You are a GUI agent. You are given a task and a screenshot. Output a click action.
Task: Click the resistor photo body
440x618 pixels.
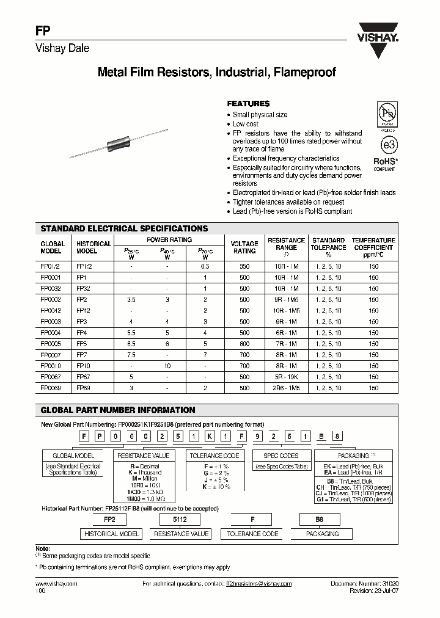tap(120, 145)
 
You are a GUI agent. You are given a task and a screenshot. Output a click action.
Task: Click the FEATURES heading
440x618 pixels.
tap(248, 104)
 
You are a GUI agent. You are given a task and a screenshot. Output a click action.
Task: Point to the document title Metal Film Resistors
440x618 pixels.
tap(217, 72)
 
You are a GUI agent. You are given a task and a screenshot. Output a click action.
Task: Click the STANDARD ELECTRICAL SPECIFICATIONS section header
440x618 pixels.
tap(124, 228)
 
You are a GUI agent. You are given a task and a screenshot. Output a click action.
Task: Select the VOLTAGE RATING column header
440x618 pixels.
tap(243, 247)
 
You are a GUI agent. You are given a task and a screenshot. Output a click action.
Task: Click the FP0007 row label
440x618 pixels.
tap(51, 355)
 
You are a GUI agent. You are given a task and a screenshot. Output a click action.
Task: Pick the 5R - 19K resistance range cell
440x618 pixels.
tap(286, 377)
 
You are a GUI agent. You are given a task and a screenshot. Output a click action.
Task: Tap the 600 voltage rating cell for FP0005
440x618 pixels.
tap(244, 344)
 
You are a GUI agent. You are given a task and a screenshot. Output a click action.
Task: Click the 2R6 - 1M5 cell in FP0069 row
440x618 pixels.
tap(286, 388)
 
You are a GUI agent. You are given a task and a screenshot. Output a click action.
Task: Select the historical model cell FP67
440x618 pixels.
tap(84, 377)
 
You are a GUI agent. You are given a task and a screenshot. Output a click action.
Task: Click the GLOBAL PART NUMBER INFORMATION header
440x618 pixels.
tap(117, 410)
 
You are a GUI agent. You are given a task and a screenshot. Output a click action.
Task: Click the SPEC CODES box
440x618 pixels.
tap(280, 456)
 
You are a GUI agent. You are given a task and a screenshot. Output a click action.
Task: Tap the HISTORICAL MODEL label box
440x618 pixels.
tap(111, 534)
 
